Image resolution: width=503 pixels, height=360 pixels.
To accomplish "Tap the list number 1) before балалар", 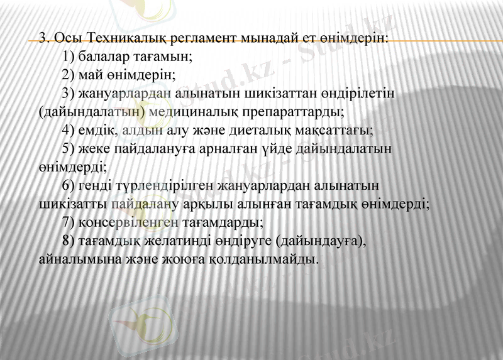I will point(69,56).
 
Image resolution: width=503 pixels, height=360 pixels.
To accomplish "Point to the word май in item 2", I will point(91,75).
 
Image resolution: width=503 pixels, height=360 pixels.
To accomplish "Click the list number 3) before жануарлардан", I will point(69,94).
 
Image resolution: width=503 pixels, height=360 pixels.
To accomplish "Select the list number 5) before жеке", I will point(69,149).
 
